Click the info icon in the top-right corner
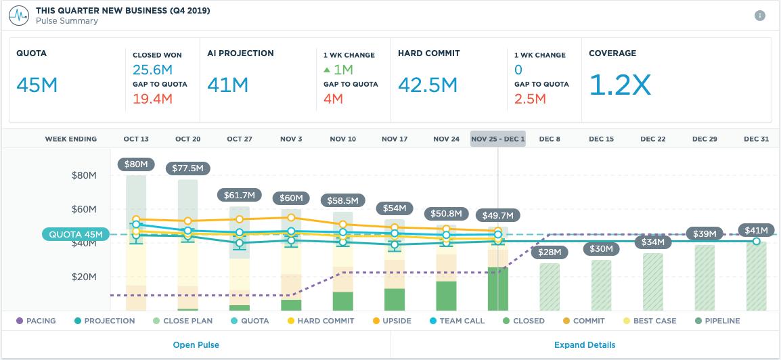pos(760,16)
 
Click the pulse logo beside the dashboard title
pos(18,16)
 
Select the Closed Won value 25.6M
pos(153,69)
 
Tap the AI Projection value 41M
pos(227,85)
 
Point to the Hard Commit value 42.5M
pos(428,85)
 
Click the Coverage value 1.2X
pos(620,85)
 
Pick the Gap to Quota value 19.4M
pos(153,99)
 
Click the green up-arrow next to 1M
pos(327,69)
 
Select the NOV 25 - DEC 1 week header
pos(498,139)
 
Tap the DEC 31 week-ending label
pos(756,139)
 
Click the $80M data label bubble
pos(136,164)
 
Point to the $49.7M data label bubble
pos(498,216)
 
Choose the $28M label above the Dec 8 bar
pos(550,252)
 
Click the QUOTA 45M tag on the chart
pos(76,235)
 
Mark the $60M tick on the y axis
pos(85,209)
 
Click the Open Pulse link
pos(196,344)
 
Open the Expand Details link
pos(585,344)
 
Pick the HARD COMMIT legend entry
pos(320,321)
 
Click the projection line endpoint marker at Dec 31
pos(756,241)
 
